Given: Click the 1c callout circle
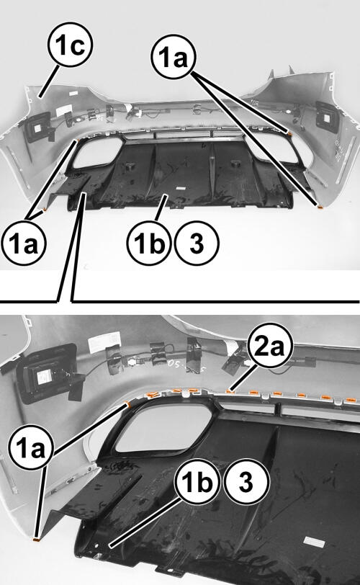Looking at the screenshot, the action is (x=70, y=46).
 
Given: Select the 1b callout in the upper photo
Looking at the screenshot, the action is (x=149, y=244).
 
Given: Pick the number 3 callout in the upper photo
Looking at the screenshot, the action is (x=197, y=244).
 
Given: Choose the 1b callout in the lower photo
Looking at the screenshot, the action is (x=197, y=482).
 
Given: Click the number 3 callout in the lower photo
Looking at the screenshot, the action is (x=246, y=482).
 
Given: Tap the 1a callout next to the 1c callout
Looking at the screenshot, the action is (x=174, y=58).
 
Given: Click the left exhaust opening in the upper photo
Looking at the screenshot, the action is (x=98, y=152).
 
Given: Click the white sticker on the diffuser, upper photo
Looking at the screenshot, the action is (x=181, y=189).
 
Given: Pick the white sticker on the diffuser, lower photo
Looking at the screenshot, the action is (x=312, y=541).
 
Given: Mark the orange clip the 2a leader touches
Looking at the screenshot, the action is (x=231, y=391).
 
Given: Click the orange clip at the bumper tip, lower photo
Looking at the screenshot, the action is (x=37, y=539).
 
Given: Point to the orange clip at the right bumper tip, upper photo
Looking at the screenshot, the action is (x=320, y=206).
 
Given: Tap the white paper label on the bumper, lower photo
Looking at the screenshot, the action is (x=104, y=341).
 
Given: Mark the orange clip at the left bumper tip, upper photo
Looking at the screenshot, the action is (x=45, y=210).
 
